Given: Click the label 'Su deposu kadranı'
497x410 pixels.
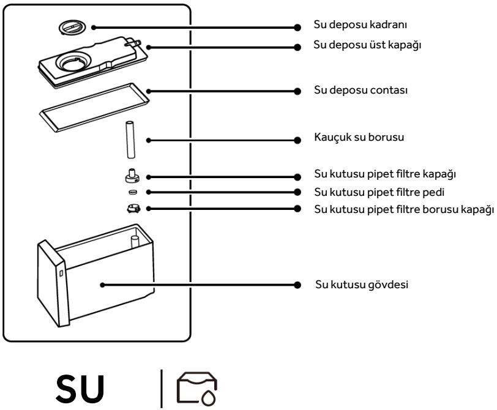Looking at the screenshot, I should point(347,27).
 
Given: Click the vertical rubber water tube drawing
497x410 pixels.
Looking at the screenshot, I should point(130,139).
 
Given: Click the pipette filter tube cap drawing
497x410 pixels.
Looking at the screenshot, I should point(132,209).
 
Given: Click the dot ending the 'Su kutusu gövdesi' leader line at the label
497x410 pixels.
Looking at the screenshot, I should point(297,285).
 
